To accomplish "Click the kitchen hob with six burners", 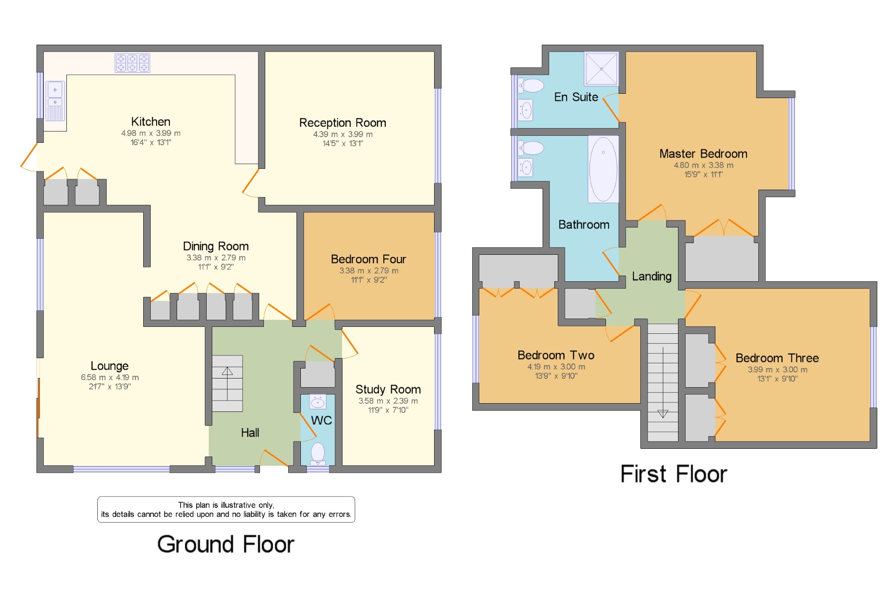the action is coord(132,63).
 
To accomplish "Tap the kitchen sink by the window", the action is coord(55,101).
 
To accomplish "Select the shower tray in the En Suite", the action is coord(601,69).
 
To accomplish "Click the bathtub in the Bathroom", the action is coord(603,169).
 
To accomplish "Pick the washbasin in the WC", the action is coord(318,402).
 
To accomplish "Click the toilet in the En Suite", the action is coord(531,86).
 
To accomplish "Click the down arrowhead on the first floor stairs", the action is coord(663,414).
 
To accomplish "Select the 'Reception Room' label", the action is coord(342,123).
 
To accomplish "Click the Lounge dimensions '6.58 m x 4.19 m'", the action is coord(110,378).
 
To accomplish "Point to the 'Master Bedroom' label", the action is coord(703,154).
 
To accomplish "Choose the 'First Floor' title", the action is coord(674,474).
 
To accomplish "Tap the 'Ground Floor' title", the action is coord(226,544).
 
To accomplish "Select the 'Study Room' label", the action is coord(388,389).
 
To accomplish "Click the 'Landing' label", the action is coord(652,276).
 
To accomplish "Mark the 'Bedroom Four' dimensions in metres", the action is coord(369,271).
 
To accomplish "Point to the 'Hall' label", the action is coord(250,433).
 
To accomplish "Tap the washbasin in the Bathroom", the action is coord(526,168).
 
